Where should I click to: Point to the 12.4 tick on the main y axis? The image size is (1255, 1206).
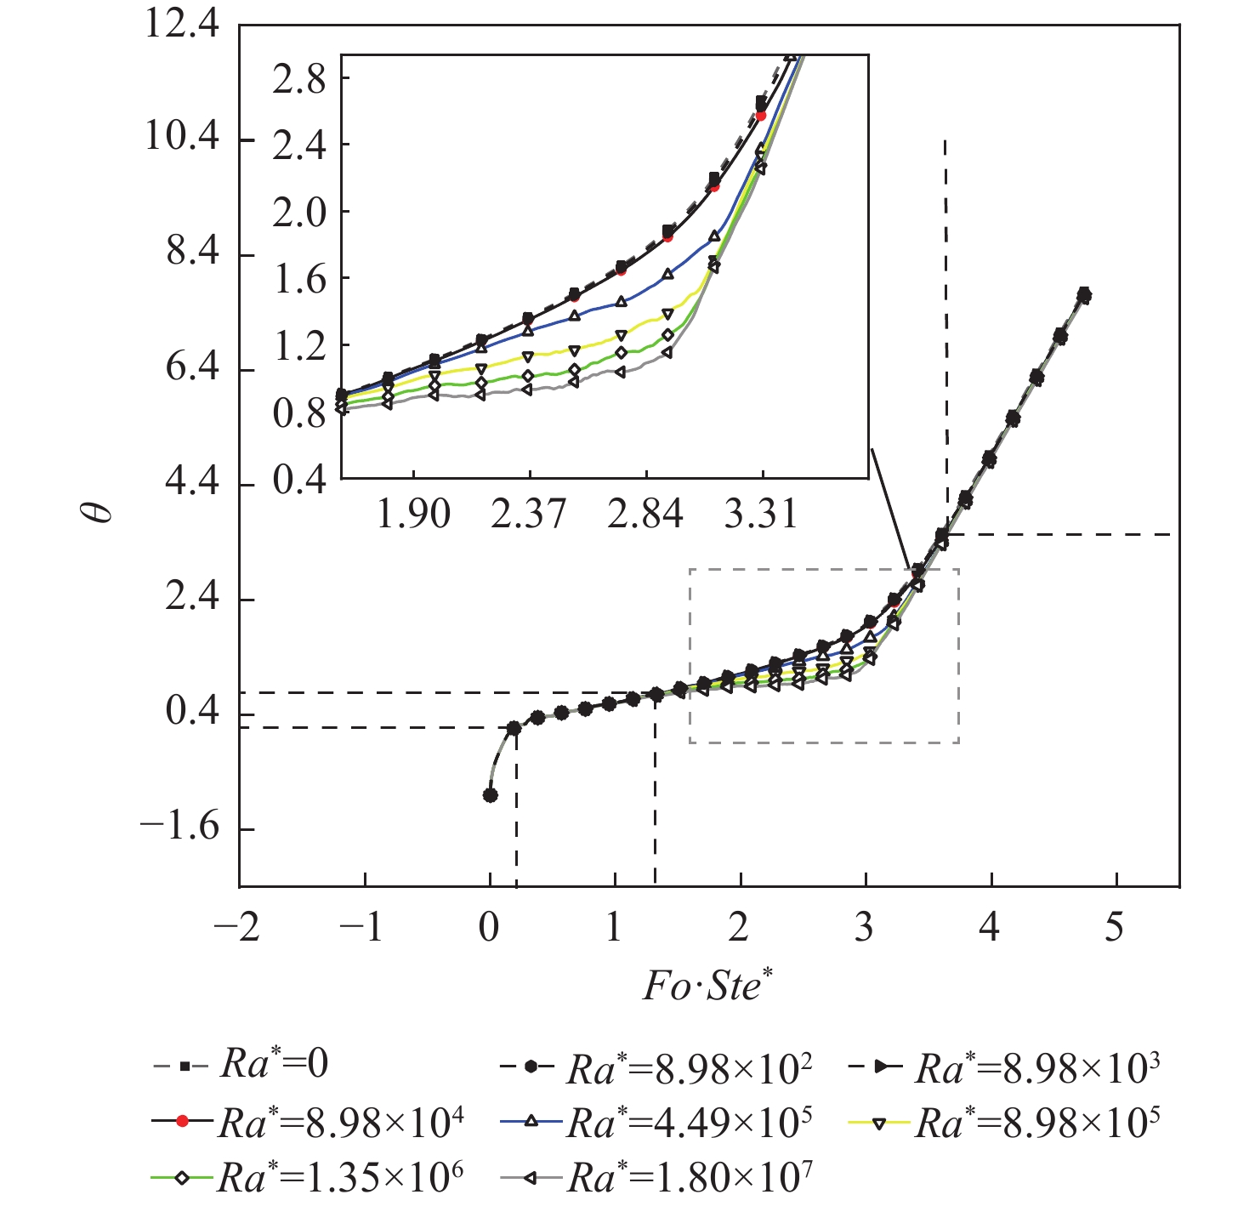[181, 24]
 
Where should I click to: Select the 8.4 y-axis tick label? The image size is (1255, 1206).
[192, 253]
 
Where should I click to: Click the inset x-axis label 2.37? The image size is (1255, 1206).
[529, 514]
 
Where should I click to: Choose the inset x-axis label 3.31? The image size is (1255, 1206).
[762, 514]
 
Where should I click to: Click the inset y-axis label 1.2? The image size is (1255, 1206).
[299, 347]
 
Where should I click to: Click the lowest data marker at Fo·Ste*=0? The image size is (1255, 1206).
[490, 795]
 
